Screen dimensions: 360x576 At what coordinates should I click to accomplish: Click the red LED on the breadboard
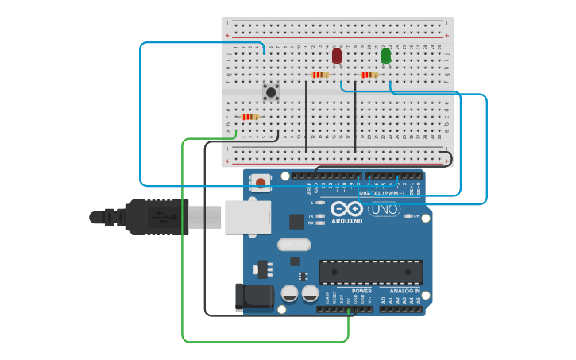(x=337, y=56)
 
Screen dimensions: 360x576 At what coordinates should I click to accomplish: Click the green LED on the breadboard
(x=386, y=56)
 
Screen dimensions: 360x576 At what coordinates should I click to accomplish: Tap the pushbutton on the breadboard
(x=271, y=92)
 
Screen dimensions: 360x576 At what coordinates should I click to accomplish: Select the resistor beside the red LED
(x=320, y=75)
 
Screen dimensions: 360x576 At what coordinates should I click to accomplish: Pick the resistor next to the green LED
(x=369, y=75)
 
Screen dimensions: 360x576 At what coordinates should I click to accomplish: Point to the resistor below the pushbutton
(x=250, y=117)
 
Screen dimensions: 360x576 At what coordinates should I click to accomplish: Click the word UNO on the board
(x=384, y=209)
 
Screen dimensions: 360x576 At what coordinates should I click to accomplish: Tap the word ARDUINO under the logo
(x=346, y=221)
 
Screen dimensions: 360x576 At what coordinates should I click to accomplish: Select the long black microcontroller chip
(x=371, y=272)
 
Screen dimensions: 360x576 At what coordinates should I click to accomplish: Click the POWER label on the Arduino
(x=361, y=291)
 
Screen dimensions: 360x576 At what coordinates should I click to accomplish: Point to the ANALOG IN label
(x=404, y=291)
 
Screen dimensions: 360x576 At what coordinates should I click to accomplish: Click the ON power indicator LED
(x=407, y=216)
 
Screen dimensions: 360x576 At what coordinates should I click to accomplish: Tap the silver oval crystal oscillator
(x=294, y=245)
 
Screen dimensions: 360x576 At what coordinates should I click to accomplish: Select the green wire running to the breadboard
(x=183, y=238)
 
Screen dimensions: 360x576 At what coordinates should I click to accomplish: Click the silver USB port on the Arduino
(x=247, y=217)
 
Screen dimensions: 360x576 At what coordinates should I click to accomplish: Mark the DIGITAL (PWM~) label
(x=382, y=193)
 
